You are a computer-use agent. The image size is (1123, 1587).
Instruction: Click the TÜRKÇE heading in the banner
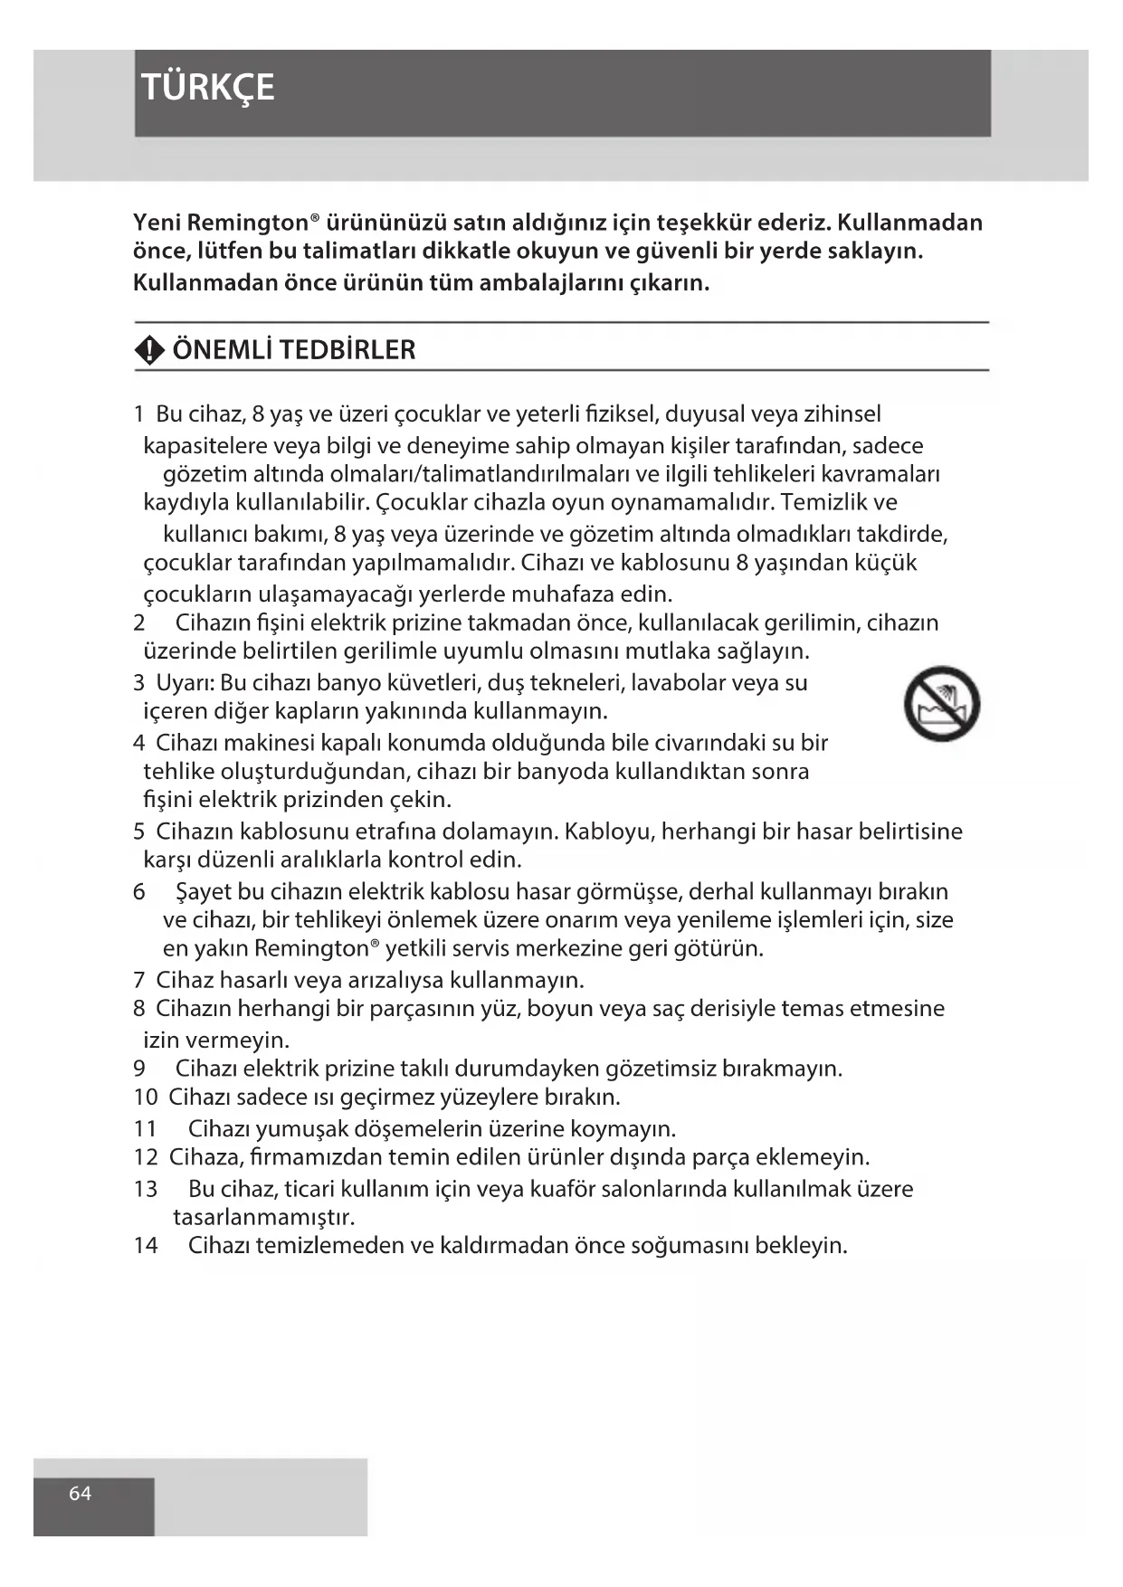click(x=208, y=88)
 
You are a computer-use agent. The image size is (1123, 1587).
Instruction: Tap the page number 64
click(x=81, y=1493)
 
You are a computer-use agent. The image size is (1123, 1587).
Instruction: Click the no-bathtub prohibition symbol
click(x=941, y=703)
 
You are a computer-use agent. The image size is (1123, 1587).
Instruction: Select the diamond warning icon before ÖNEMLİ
click(x=149, y=350)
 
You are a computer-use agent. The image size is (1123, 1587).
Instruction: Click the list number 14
click(x=146, y=1245)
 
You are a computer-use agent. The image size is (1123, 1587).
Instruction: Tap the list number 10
click(x=146, y=1097)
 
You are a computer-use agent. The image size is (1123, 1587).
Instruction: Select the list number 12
click(x=146, y=1156)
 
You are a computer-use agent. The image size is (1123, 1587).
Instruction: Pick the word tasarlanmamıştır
click(x=264, y=1216)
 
